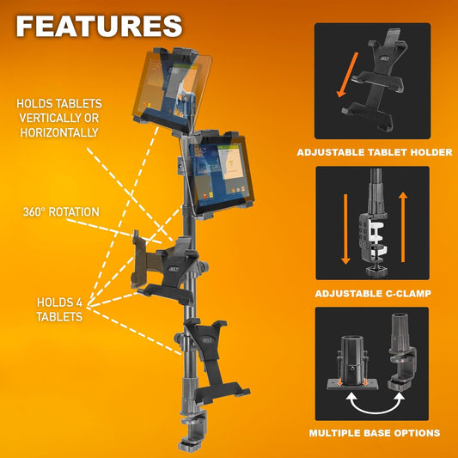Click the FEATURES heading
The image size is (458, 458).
point(99,26)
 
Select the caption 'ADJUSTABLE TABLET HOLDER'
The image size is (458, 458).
point(374,152)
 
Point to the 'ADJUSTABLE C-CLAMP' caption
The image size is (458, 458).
point(374,294)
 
